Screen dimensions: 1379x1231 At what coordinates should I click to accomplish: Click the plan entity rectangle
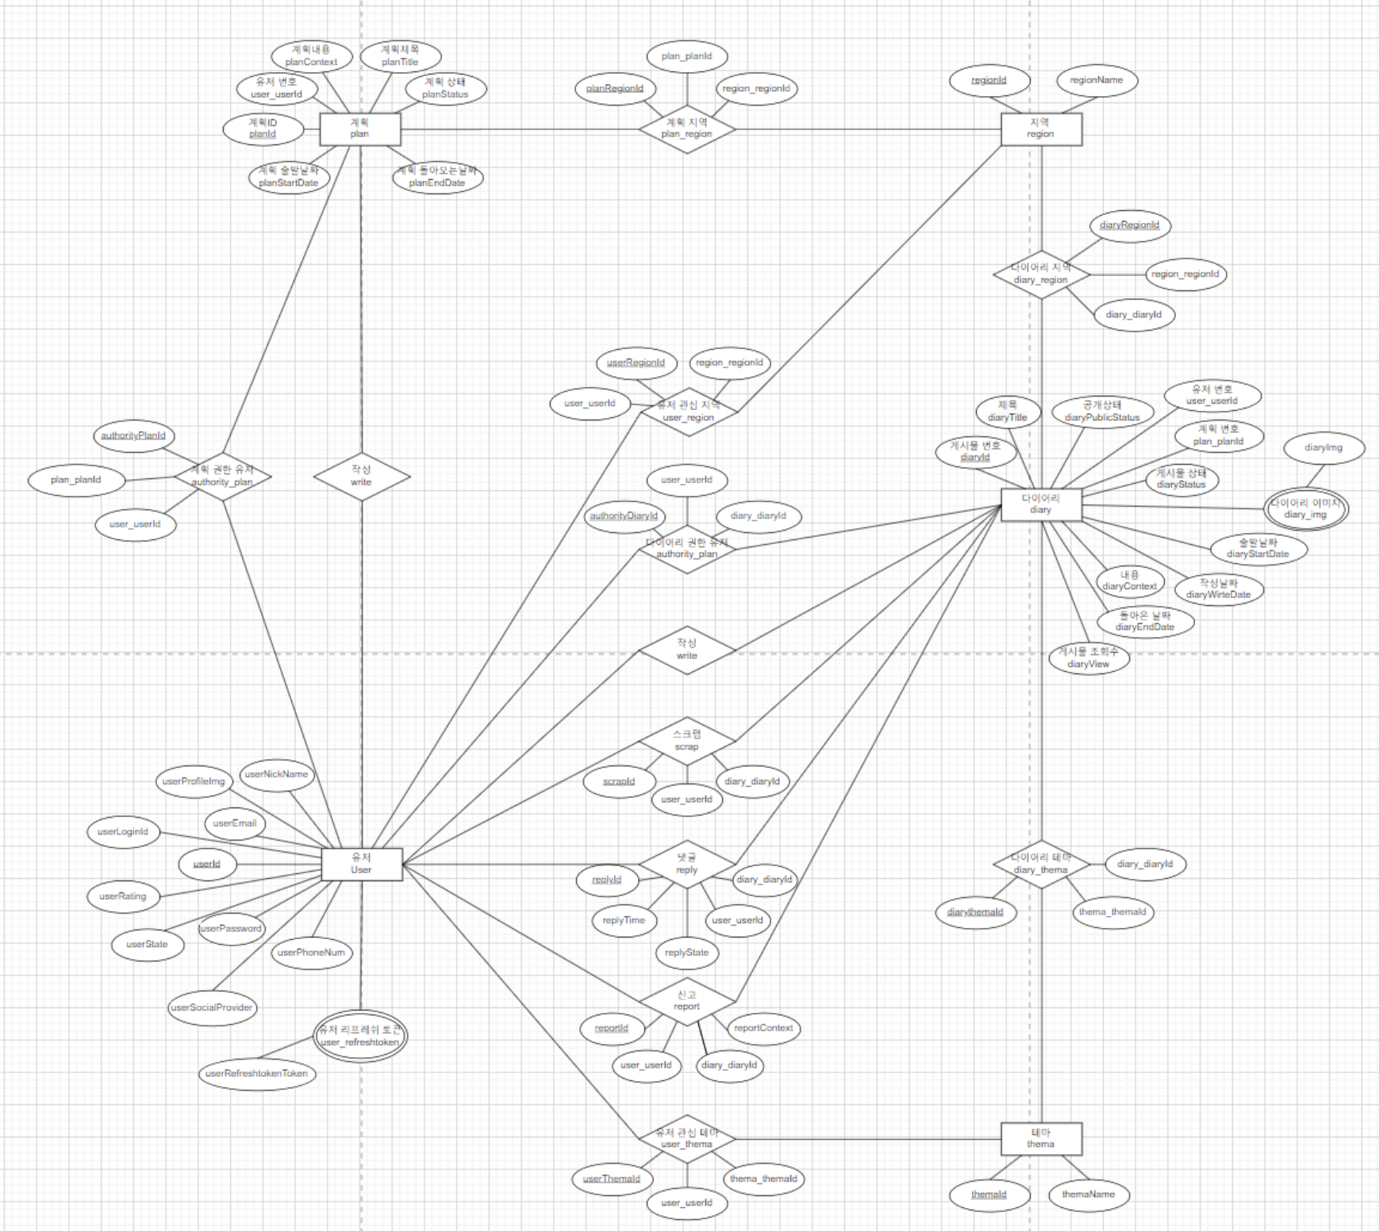coord(359,128)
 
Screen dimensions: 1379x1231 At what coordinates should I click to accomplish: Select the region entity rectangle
coord(1040,128)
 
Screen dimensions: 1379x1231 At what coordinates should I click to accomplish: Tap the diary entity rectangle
coord(1040,504)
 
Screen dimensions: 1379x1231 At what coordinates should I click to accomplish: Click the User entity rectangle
coord(361,864)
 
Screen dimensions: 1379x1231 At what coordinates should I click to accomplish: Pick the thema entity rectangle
coord(1040,1138)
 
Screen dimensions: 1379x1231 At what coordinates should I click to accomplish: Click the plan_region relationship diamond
coord(687,128)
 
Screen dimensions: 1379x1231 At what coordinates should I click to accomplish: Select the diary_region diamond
coord(1041,274)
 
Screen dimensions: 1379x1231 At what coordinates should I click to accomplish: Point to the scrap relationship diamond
coord(687,741)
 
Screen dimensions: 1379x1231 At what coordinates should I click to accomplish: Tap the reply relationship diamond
coord(687,864)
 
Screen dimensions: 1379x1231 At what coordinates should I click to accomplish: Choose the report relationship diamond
coord(687,1001)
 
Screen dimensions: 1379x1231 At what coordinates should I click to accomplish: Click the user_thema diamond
coord(687,1138)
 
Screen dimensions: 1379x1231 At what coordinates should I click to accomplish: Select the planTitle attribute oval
coord(400,56)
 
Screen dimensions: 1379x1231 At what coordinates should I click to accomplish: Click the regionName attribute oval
coord(1096,80)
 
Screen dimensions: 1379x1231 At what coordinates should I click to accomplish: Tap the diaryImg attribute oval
coord(1323,448)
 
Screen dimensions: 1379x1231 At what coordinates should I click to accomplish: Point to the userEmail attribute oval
coord(235,823)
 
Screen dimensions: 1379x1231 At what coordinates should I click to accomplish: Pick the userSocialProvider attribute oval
coord(212,1008)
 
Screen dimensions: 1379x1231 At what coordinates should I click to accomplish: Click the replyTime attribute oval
coord(624,920)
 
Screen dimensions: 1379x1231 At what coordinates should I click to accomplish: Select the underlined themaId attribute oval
coord(989,1195)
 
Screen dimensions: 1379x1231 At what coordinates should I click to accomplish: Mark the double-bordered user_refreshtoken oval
coord(360,1036)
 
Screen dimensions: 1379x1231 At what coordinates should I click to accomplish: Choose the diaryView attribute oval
coord(1088,658)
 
